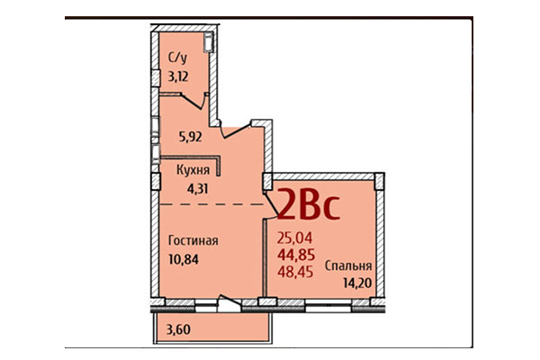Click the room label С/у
tap(177, 59)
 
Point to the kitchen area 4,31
tap(195, 189)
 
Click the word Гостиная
tap(193, 241)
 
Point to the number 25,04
tap(294, 238)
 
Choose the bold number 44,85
tap(296, 254)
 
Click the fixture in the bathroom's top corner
tap(209, 41)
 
